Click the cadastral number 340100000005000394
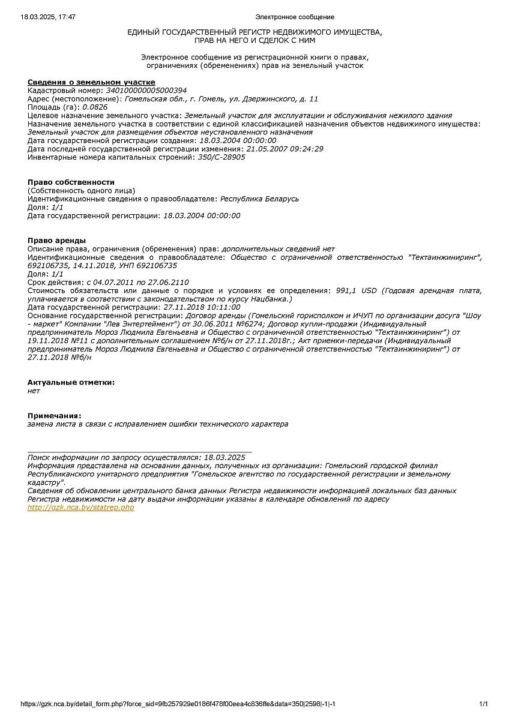click(x=146, y=91)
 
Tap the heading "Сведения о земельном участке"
click(x=91, y=82)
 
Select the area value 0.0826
click(x=95, y=107)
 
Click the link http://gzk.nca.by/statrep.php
click(x=81, y=508)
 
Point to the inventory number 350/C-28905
click(x=221, y=157)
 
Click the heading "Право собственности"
click(x=71, y=182)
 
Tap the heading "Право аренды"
click(x=56, y=241)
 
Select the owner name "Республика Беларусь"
click(x=259, y=199)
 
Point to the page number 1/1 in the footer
click(x=484, y=704)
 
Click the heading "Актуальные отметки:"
click(x=71, y=382)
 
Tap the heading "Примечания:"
click(x=55, y=415)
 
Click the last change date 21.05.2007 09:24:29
click(x=285, y=149)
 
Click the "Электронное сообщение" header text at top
click(x=295, y=17)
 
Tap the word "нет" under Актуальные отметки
click(x=34, y=391)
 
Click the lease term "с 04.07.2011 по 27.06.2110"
click(x=137, y=282)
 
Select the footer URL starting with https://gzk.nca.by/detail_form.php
click(x=178, y=704)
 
